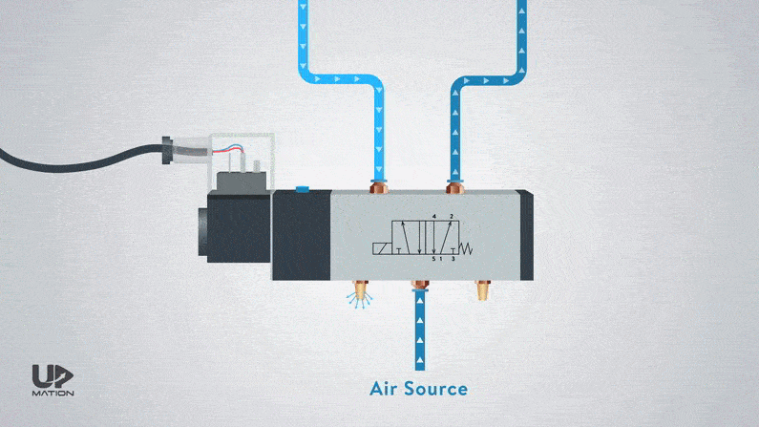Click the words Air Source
[418, 389]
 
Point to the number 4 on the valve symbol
[434, 217]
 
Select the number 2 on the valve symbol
[452, 217]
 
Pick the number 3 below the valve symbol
[453, 259]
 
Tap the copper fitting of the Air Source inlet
[418, 285]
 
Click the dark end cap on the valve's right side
[523, 234]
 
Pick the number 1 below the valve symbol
[441, 259]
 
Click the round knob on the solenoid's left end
[202, 228]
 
